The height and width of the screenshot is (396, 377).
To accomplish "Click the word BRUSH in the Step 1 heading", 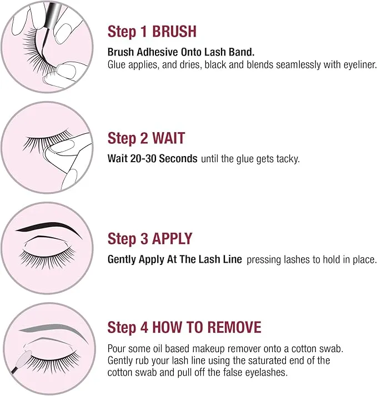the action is point(174,32).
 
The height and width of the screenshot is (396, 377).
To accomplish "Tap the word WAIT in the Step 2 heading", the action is point(169,138).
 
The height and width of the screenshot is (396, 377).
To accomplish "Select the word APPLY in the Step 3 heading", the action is point(172,239).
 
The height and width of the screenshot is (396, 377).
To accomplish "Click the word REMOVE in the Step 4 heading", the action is point(234,327).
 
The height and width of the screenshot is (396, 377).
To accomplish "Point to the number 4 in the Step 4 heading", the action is point(144,327).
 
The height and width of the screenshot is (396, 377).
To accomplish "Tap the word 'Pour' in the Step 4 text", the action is point(115,349).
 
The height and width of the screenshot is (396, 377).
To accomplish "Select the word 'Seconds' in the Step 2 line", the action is point(178,159).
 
